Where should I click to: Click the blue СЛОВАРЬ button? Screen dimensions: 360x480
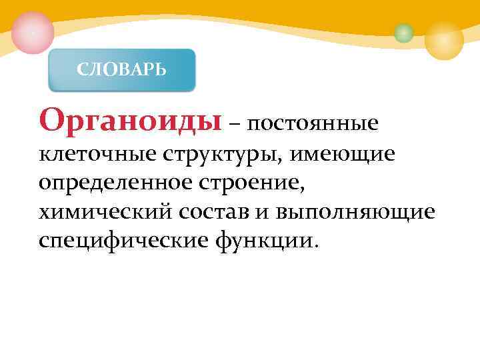tap(122, 69)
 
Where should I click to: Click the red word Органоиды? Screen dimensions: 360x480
tap(130, 120)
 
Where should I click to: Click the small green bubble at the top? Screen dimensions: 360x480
tap(403, 33)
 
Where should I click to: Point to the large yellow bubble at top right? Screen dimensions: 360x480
tap(444, 39)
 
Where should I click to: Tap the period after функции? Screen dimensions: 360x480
tap(316, 245)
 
